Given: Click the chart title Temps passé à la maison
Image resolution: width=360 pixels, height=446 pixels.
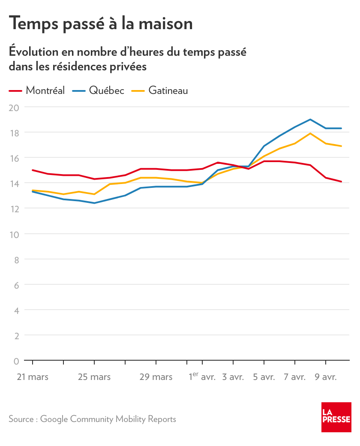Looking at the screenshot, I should pos(101,23).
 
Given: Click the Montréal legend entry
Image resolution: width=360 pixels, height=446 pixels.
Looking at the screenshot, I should pos(45,90).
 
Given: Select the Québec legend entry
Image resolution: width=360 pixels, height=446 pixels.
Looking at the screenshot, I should pos(106,90).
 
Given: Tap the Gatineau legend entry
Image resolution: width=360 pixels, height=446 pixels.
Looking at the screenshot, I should pos(168,90).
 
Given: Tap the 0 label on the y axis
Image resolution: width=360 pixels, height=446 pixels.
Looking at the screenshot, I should pos(16,361).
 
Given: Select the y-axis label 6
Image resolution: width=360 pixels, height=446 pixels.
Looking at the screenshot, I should pos(16,285).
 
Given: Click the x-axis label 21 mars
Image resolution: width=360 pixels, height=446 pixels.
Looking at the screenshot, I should pos(33,377).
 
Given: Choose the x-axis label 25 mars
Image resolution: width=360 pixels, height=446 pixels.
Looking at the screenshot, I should pos(94,377).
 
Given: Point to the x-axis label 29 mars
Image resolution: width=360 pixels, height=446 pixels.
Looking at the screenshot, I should pos(156,377).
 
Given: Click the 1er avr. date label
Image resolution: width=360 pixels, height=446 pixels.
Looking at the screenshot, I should pos(202,377).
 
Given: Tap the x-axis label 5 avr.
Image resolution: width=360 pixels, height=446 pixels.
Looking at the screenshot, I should pos(264,377).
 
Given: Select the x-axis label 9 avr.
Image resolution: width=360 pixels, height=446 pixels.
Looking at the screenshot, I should pos(326,377).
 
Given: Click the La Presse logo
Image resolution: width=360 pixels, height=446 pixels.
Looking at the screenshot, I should pos(336,417).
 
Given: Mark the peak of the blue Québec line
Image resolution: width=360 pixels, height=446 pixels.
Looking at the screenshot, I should pos(310,120).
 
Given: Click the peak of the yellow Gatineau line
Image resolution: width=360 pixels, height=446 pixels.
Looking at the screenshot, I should pos(310,133).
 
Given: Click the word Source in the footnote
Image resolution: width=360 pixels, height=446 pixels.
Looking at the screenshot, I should pos(21,419).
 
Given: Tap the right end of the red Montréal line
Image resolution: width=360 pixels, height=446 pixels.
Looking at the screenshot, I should pos(341,181).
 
